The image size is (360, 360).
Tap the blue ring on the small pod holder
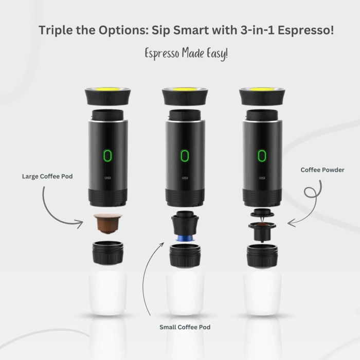185,238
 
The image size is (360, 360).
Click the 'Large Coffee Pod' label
47,176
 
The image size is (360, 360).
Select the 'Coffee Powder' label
322,170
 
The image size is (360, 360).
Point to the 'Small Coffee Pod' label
185,327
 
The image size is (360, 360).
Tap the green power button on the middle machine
185,155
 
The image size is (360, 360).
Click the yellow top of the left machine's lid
107,91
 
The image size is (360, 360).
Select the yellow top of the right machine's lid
262,91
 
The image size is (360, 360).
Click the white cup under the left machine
108,293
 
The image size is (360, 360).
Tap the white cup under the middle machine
185,293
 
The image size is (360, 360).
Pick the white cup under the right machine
262,293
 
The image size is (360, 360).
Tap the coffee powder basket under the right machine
262,228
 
